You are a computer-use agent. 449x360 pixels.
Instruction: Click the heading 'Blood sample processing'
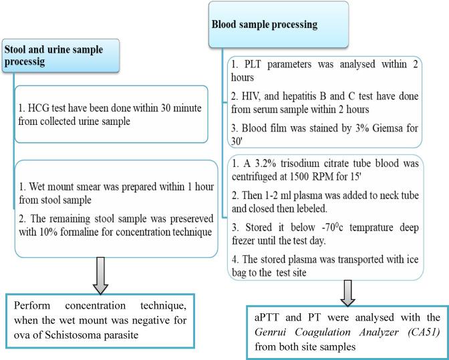264,25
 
